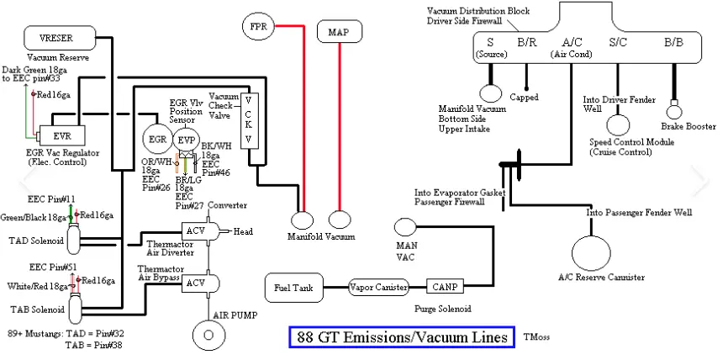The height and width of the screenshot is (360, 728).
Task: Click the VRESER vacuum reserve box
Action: (x=60, y=38)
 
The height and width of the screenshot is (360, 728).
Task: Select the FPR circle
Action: (x=259, y=26)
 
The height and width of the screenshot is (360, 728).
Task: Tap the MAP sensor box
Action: (x=340, y=32)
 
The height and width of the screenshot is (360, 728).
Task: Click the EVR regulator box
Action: (x=61, y=137)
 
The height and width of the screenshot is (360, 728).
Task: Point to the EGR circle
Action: (x=156, y=140)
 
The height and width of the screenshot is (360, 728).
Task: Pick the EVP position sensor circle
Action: (x=185, y=140)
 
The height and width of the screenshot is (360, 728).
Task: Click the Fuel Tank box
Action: (x=293, y=288)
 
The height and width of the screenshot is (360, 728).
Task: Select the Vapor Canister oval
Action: (x=379, y=288)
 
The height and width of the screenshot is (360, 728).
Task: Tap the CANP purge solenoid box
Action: (x=445, y=287)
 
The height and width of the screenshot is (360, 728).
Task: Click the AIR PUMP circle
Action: (x=208, y=335)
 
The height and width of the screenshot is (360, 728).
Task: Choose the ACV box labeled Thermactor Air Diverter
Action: (x=199, y=230)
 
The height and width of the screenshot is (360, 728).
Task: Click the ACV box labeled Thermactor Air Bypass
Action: (x=199, y=283)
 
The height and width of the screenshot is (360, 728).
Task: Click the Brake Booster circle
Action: (x=674, y=112)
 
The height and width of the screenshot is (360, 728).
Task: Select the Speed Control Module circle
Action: (x=618, y=125)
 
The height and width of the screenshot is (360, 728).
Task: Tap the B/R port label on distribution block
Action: (x=527, y=43)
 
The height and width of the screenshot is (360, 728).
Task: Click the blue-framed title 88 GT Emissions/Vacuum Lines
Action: (x=402, y=336)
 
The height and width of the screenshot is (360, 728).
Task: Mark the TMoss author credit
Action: (x=536, y=336)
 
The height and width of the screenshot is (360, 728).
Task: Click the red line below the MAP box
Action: (x=340, y=127)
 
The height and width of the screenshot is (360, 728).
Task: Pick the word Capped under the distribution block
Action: (x=525, y=98)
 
